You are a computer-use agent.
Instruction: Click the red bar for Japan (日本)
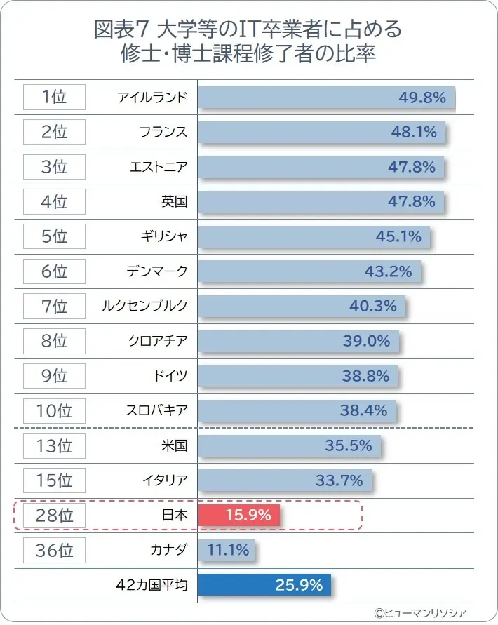pos(238,516)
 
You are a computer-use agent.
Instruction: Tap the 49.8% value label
pos(422,98)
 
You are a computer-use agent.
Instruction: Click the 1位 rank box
pos(54,98)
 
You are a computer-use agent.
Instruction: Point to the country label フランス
pos(163,132)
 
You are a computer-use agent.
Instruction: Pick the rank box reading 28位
pos(54,516)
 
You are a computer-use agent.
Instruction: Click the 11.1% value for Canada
pos(228,550)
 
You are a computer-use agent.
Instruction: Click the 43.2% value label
pos(388,271)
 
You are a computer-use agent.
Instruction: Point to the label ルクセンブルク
pos(145,307)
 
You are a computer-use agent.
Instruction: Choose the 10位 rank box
pos(54,411)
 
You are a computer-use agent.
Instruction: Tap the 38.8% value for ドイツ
pos(365,376)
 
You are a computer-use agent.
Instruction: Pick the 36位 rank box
pos(54,550)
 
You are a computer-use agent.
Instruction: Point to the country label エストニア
pos(159,167)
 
